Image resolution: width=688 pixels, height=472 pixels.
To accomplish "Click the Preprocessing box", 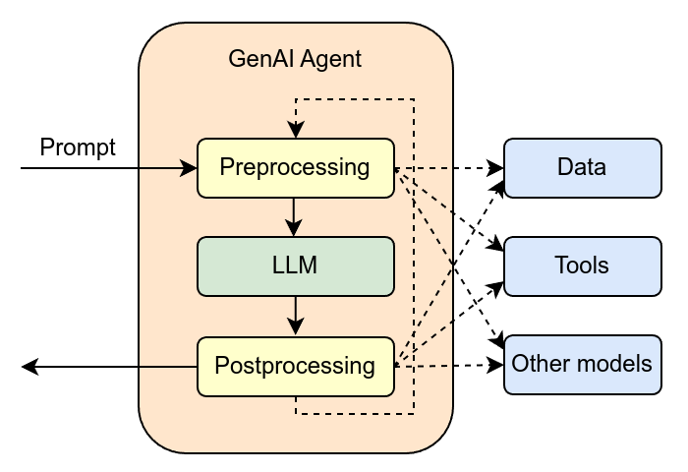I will [x=295, y=167].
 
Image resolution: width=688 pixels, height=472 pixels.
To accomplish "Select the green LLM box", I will [x=295, y=265].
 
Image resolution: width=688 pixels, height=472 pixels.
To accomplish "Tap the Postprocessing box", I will [x=295, y=366].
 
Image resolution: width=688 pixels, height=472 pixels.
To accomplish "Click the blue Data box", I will [x=582, y=167].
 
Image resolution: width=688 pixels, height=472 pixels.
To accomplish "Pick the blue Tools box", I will [x=582, y=265].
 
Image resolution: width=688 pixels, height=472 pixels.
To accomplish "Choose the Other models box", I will [x=582, y=365].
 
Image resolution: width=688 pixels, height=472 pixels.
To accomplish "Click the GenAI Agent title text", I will [x=295, y=59].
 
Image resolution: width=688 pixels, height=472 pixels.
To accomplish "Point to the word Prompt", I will [x=78, y=147].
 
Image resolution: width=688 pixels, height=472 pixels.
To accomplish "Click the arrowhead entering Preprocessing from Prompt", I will [x=190, y=169].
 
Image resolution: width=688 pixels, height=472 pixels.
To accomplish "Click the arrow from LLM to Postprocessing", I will [x=295, y=316].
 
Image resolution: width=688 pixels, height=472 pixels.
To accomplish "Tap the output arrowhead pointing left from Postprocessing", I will [x=29, y=367].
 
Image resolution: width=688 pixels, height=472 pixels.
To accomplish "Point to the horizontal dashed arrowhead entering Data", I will [x=496, y=168].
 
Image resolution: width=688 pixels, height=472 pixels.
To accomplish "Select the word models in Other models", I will [x=612, y=365].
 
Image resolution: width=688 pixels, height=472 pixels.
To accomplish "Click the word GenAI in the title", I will [x=258, y=59].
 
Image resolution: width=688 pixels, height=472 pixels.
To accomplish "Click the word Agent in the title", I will [x=329, y=59].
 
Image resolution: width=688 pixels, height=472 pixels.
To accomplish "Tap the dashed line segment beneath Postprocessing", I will [x=354, y=414].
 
